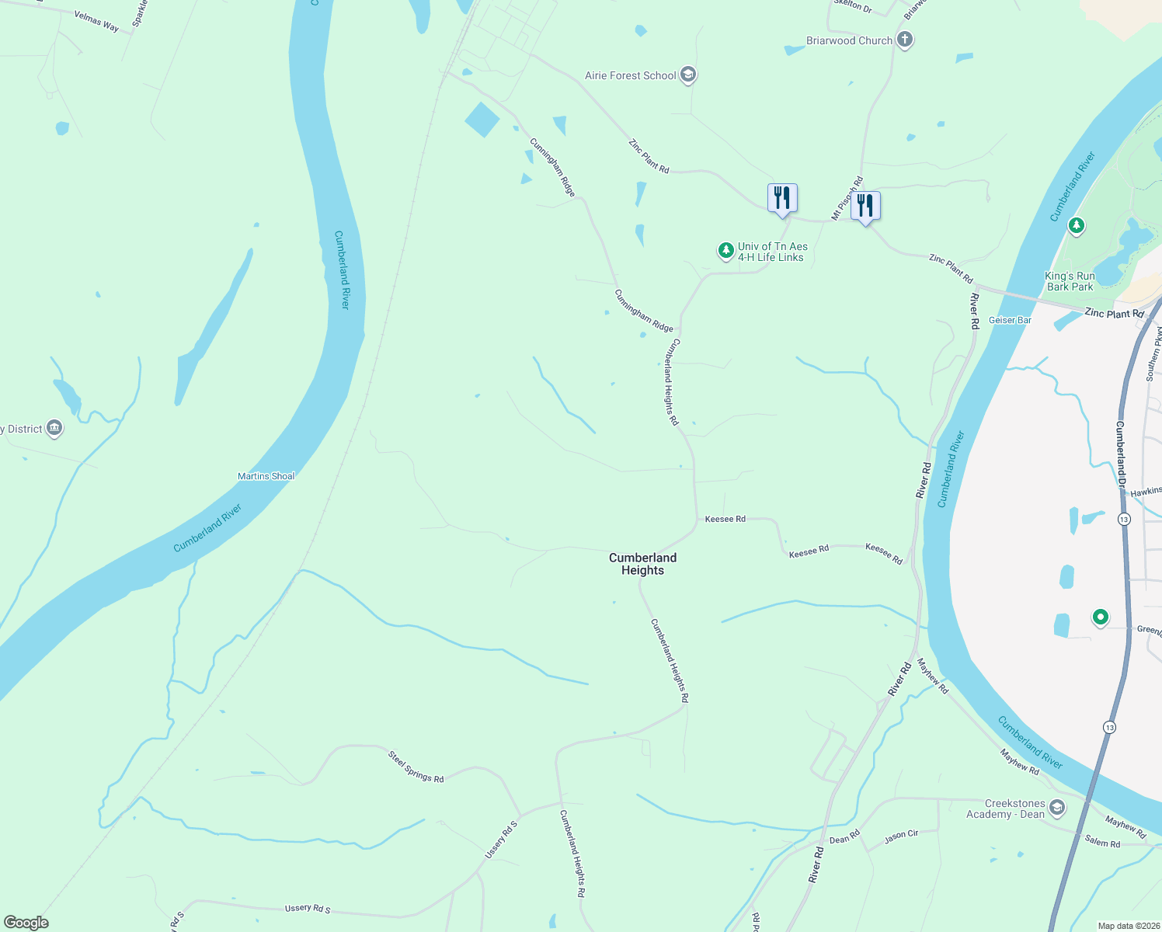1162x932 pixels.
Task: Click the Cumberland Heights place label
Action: [642, 564]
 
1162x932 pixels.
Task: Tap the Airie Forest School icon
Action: [687, 75]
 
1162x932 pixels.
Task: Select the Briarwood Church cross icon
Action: [904, 40]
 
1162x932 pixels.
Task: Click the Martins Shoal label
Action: [266, 476]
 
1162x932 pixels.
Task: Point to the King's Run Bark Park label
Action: [1070, 281]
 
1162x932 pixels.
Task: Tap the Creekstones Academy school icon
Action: [1056, 809]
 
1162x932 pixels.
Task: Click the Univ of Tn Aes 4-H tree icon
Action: [725, 251]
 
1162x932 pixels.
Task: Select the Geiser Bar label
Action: [1010, 320]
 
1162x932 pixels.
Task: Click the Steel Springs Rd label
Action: [416, 767]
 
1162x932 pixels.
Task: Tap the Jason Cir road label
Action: [901, 836]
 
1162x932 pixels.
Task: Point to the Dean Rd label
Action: [844, 837]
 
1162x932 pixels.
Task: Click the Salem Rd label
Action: [1102, 842]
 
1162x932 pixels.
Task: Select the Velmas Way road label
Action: [96, 22]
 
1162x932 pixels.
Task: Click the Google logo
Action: [26, 923]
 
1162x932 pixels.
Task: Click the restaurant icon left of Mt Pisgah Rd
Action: [782, 198]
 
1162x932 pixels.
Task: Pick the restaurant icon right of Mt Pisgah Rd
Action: [865, 206]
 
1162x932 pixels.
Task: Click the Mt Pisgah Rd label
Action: [847, 199]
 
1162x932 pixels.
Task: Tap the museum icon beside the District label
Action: [54, 428]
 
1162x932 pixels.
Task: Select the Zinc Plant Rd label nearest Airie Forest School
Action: [649, 156]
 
